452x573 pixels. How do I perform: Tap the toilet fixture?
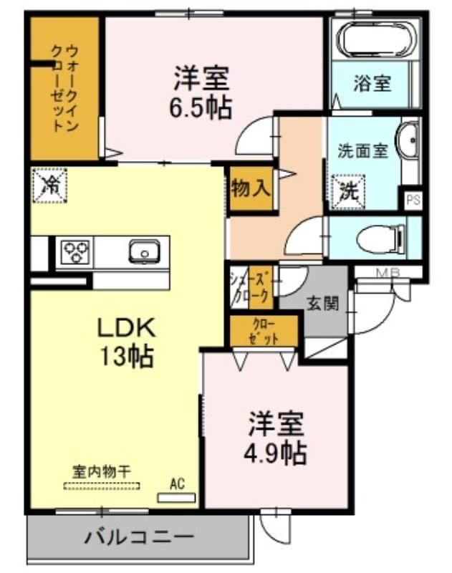[x=381, y=239]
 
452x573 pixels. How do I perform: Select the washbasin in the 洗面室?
[x=408, y=140]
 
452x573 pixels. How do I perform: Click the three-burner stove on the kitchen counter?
[x=76, y=252]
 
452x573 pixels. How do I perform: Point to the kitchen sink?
[x=144, y=252]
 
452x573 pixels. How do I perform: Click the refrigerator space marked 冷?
[x=49, y=186]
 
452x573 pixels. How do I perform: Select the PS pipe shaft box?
[x=413, y=200]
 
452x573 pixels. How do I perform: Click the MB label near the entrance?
[x=388, y=272]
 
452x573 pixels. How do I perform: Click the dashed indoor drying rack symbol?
[x=102, y=486]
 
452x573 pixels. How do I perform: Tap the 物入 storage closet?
[x=251, y=188]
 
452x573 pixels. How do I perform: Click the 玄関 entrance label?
[x=322, y=303]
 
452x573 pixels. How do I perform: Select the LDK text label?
[x=126, y=328]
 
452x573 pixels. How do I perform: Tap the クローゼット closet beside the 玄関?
[x=264, y=331]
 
